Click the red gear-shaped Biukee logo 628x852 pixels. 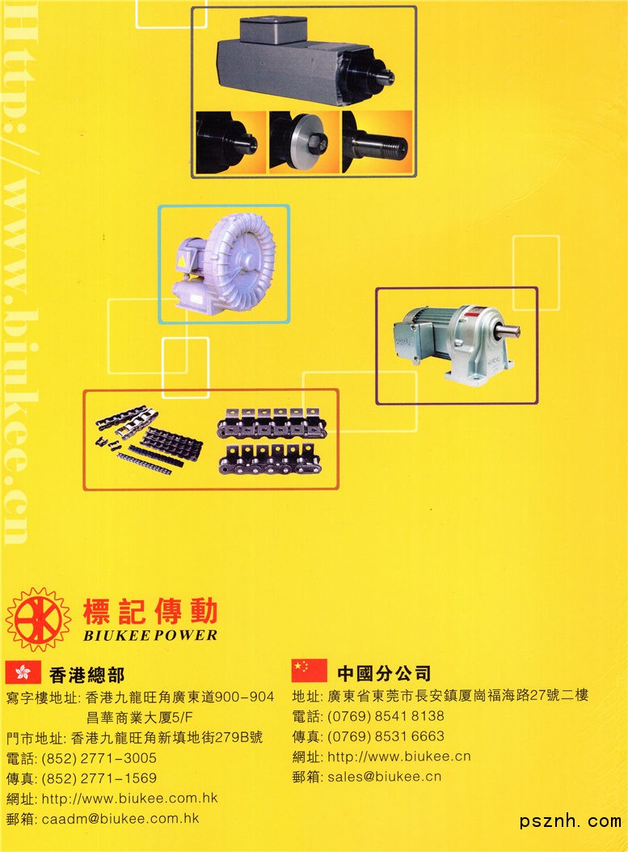coord(38,619)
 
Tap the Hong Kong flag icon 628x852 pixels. coord(23,672)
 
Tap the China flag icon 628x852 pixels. coord(310,671)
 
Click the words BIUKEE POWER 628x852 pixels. coord(150,635)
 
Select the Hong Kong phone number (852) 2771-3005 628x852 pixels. coord(99,758)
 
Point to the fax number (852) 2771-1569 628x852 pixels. coord(99,778)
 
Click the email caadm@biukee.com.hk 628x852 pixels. coord(120,818)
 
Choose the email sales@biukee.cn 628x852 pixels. coord(384,777)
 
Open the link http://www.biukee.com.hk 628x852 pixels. coord(130,799)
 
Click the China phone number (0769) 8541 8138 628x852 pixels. coord(386,715)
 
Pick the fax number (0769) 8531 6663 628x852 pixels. coord(386,736)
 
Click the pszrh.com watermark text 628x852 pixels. coord(570,821)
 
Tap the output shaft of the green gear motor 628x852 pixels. coord(509,329)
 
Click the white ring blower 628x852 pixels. coord(225,265)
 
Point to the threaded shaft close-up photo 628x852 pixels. coord(377,142)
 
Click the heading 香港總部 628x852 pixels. coord(86,675)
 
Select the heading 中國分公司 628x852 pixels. coord(384,673)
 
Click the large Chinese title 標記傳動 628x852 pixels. coord(150,612)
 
